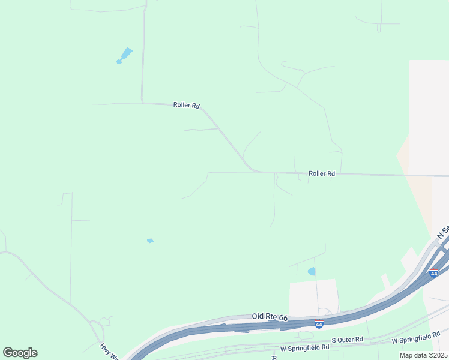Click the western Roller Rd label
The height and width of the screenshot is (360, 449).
tap(186, 105)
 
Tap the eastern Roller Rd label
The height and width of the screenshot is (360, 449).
tap(321, 173)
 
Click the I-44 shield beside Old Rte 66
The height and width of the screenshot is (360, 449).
tap(319, 325)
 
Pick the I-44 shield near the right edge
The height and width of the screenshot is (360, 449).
tap(433, 273)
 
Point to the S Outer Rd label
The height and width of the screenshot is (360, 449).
tap(348, 340)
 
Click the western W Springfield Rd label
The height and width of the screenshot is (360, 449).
tap(304, 347)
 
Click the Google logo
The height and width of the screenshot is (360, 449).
tap(20, 353)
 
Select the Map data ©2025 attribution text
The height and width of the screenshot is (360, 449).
tap(423, 355)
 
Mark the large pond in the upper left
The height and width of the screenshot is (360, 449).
tap(125, 55)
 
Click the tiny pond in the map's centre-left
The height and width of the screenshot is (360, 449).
tap(150, 241)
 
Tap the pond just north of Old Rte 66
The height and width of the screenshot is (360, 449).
tap(312, 271)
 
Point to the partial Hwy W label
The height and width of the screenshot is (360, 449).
tap(110, 350)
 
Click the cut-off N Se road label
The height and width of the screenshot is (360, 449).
tap(443, 232)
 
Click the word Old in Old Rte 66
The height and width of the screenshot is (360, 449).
tap(258, 316)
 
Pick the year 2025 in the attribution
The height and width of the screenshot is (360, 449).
tap(438, 355)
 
